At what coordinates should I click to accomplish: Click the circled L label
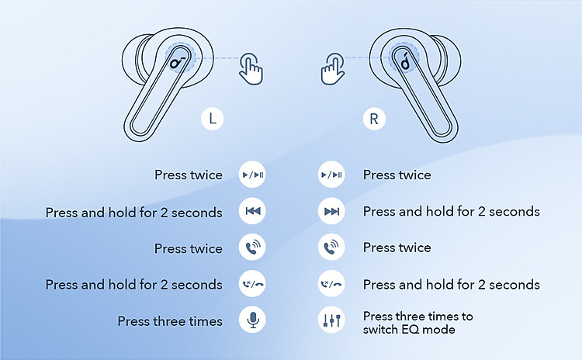point(213,119)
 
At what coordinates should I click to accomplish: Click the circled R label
point(374,119)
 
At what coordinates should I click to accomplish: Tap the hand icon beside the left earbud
point(251,68)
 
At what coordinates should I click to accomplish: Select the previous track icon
point(252,212)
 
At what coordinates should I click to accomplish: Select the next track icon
point(331,212)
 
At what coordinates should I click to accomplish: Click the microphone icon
point(252,320)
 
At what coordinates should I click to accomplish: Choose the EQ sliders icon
point(331,320)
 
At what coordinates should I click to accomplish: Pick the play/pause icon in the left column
point(252,175)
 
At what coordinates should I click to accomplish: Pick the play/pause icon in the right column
point(331,175)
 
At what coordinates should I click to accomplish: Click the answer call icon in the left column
point(252,248)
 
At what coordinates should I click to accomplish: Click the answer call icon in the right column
point(331,248)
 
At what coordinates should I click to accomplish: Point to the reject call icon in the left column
point(252,284)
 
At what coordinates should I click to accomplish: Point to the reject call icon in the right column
point(331,284)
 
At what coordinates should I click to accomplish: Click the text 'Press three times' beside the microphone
point(170,321)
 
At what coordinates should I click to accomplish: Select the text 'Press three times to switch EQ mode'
point(417,323)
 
